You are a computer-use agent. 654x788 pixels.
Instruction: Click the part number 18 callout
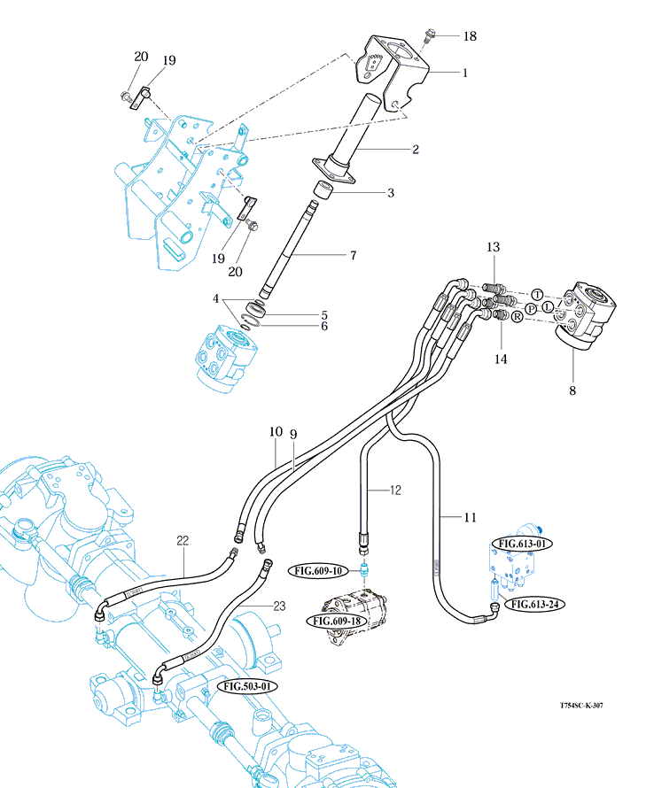[470, 36]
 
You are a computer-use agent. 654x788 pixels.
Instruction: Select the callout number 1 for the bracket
[464, 73]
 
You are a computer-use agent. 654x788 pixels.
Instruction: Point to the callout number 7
[353, 255]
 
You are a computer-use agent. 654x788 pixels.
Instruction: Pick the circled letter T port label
[538, 294]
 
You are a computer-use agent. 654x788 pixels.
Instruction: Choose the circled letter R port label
[518, 316]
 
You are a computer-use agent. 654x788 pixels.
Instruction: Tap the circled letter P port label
[531, 308]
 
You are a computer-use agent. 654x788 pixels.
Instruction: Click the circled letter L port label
[549, 305]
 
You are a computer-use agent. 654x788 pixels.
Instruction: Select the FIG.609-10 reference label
[327, 572]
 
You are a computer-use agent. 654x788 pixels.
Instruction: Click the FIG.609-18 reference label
[336, 621]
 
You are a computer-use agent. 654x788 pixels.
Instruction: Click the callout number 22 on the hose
[183, 540]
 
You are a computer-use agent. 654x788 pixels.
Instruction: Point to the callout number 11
[469, 516]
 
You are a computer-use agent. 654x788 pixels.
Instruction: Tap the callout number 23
[278, 606]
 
